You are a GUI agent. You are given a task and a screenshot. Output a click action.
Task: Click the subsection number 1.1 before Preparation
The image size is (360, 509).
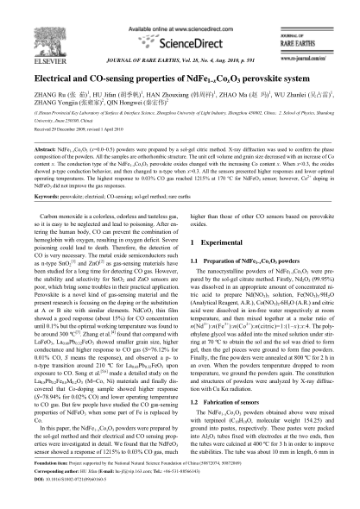click(193, 260)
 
